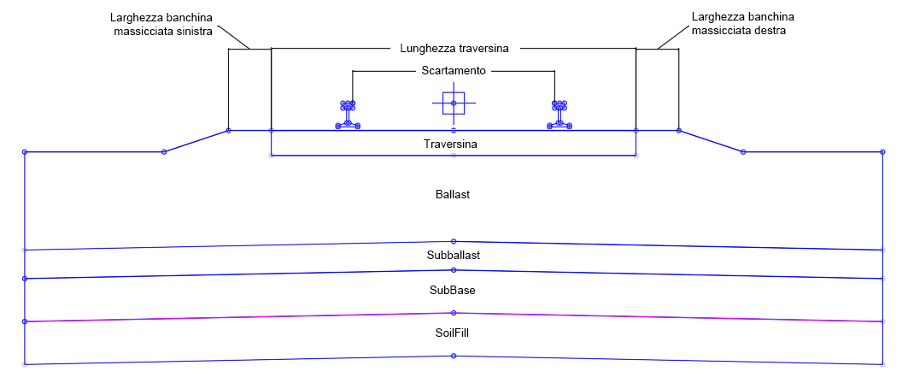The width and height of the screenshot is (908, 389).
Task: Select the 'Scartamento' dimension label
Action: (454, 71)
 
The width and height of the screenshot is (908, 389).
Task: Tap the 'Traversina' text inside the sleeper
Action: (450, 144)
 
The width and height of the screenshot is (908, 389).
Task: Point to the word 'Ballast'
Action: (453, 195)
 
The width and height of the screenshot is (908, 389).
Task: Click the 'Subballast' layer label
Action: (454, 255)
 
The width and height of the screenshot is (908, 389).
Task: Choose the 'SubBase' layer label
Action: (453, 291)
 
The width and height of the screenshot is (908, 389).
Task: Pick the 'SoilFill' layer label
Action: (453, 333)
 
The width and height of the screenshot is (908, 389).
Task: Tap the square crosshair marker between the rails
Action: (454, 103)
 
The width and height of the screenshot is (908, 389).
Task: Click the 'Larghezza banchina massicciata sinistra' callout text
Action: (162, 24)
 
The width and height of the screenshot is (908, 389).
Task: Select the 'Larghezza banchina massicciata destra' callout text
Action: (743, 24)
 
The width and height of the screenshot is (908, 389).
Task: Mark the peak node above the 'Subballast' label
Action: (454, 241)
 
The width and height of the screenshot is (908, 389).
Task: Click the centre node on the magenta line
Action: (454, 313)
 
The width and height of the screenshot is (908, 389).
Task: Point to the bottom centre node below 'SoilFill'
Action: (454, 356)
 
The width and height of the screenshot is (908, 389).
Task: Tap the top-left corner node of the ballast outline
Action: (25, 152)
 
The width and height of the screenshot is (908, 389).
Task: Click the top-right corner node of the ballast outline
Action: (882, 152)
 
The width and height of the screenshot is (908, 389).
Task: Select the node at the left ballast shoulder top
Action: (228, 131)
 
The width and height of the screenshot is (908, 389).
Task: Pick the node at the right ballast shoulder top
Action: (679, 131)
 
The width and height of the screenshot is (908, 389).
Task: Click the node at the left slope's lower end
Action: (164, 152)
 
